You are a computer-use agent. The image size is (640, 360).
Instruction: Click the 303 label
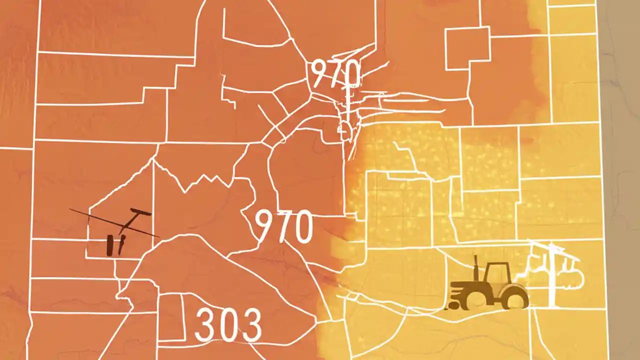[228, 325]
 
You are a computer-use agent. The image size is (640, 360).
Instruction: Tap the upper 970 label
[335, 74]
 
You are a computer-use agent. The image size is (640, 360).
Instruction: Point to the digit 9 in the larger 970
[265, 226]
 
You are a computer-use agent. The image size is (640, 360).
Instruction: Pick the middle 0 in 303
[228, 325]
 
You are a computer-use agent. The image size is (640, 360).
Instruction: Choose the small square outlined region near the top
[467, 48]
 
